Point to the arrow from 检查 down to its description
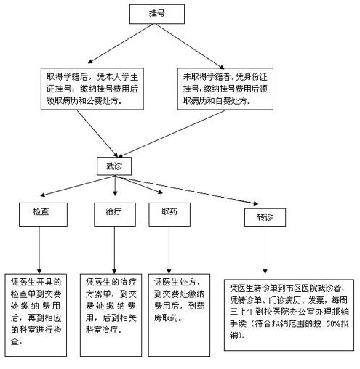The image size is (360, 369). click(39, 250)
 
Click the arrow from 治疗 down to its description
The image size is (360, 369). click(114, 250)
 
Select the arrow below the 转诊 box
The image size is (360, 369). click(265, 250)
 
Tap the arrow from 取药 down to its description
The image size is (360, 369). click(169, 250)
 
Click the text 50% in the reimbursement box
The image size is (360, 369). click(333, 324)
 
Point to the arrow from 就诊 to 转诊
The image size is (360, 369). click(186, 190)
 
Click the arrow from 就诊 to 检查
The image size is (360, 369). click(77, 186)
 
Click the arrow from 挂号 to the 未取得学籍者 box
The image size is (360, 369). click(190, 46)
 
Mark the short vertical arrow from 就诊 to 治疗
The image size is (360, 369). click(115, 186)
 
